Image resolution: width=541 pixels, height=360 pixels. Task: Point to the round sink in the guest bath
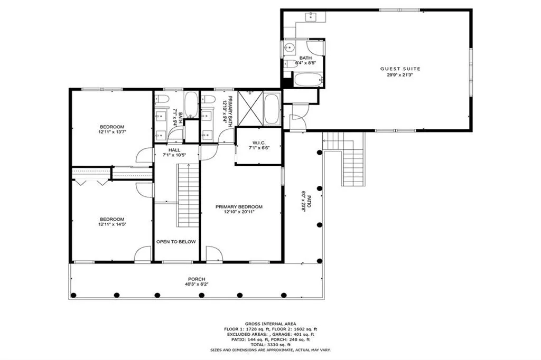(x=288, y=48)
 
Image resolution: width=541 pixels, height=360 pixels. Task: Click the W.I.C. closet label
(x=258, y=142)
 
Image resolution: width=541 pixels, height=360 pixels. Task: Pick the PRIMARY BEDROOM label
(x=239, y=206)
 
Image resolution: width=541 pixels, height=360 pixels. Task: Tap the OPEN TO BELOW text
(x=176, y=242)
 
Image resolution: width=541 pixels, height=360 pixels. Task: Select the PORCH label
(x=196, y=279)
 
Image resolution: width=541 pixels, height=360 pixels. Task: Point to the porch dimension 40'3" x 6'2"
(x=196, y=285)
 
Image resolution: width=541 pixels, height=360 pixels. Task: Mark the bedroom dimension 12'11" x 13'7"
(x=111, y=132)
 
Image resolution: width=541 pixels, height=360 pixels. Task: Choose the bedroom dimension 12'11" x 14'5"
(x=111, y=224)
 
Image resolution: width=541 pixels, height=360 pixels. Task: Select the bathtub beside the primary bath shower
(x=272, y=109)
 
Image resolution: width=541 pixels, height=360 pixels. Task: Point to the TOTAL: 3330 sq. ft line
(x=270, y=344)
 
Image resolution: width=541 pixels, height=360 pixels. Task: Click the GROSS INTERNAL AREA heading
(x=270, y=324)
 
